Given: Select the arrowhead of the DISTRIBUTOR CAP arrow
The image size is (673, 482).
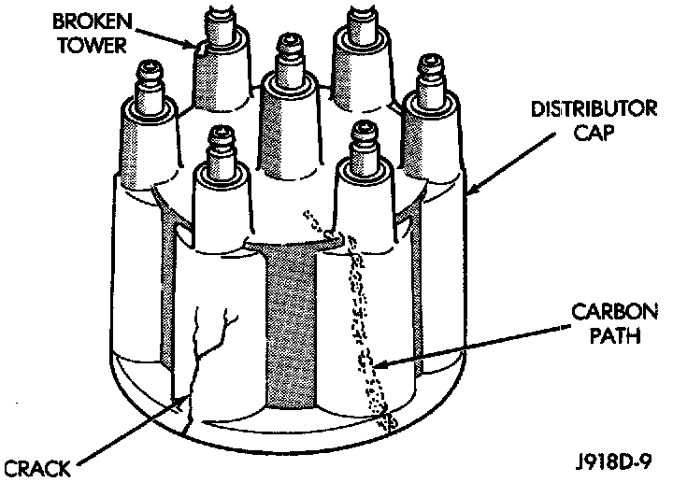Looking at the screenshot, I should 466,194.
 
